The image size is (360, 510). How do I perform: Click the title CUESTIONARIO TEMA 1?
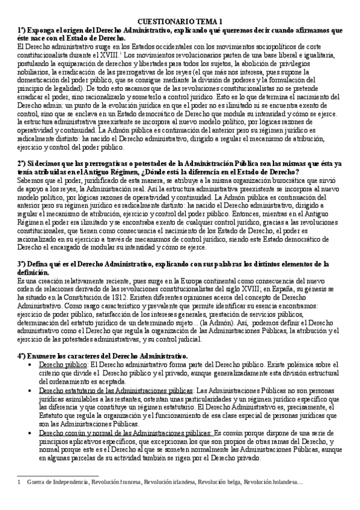click(179, 20)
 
